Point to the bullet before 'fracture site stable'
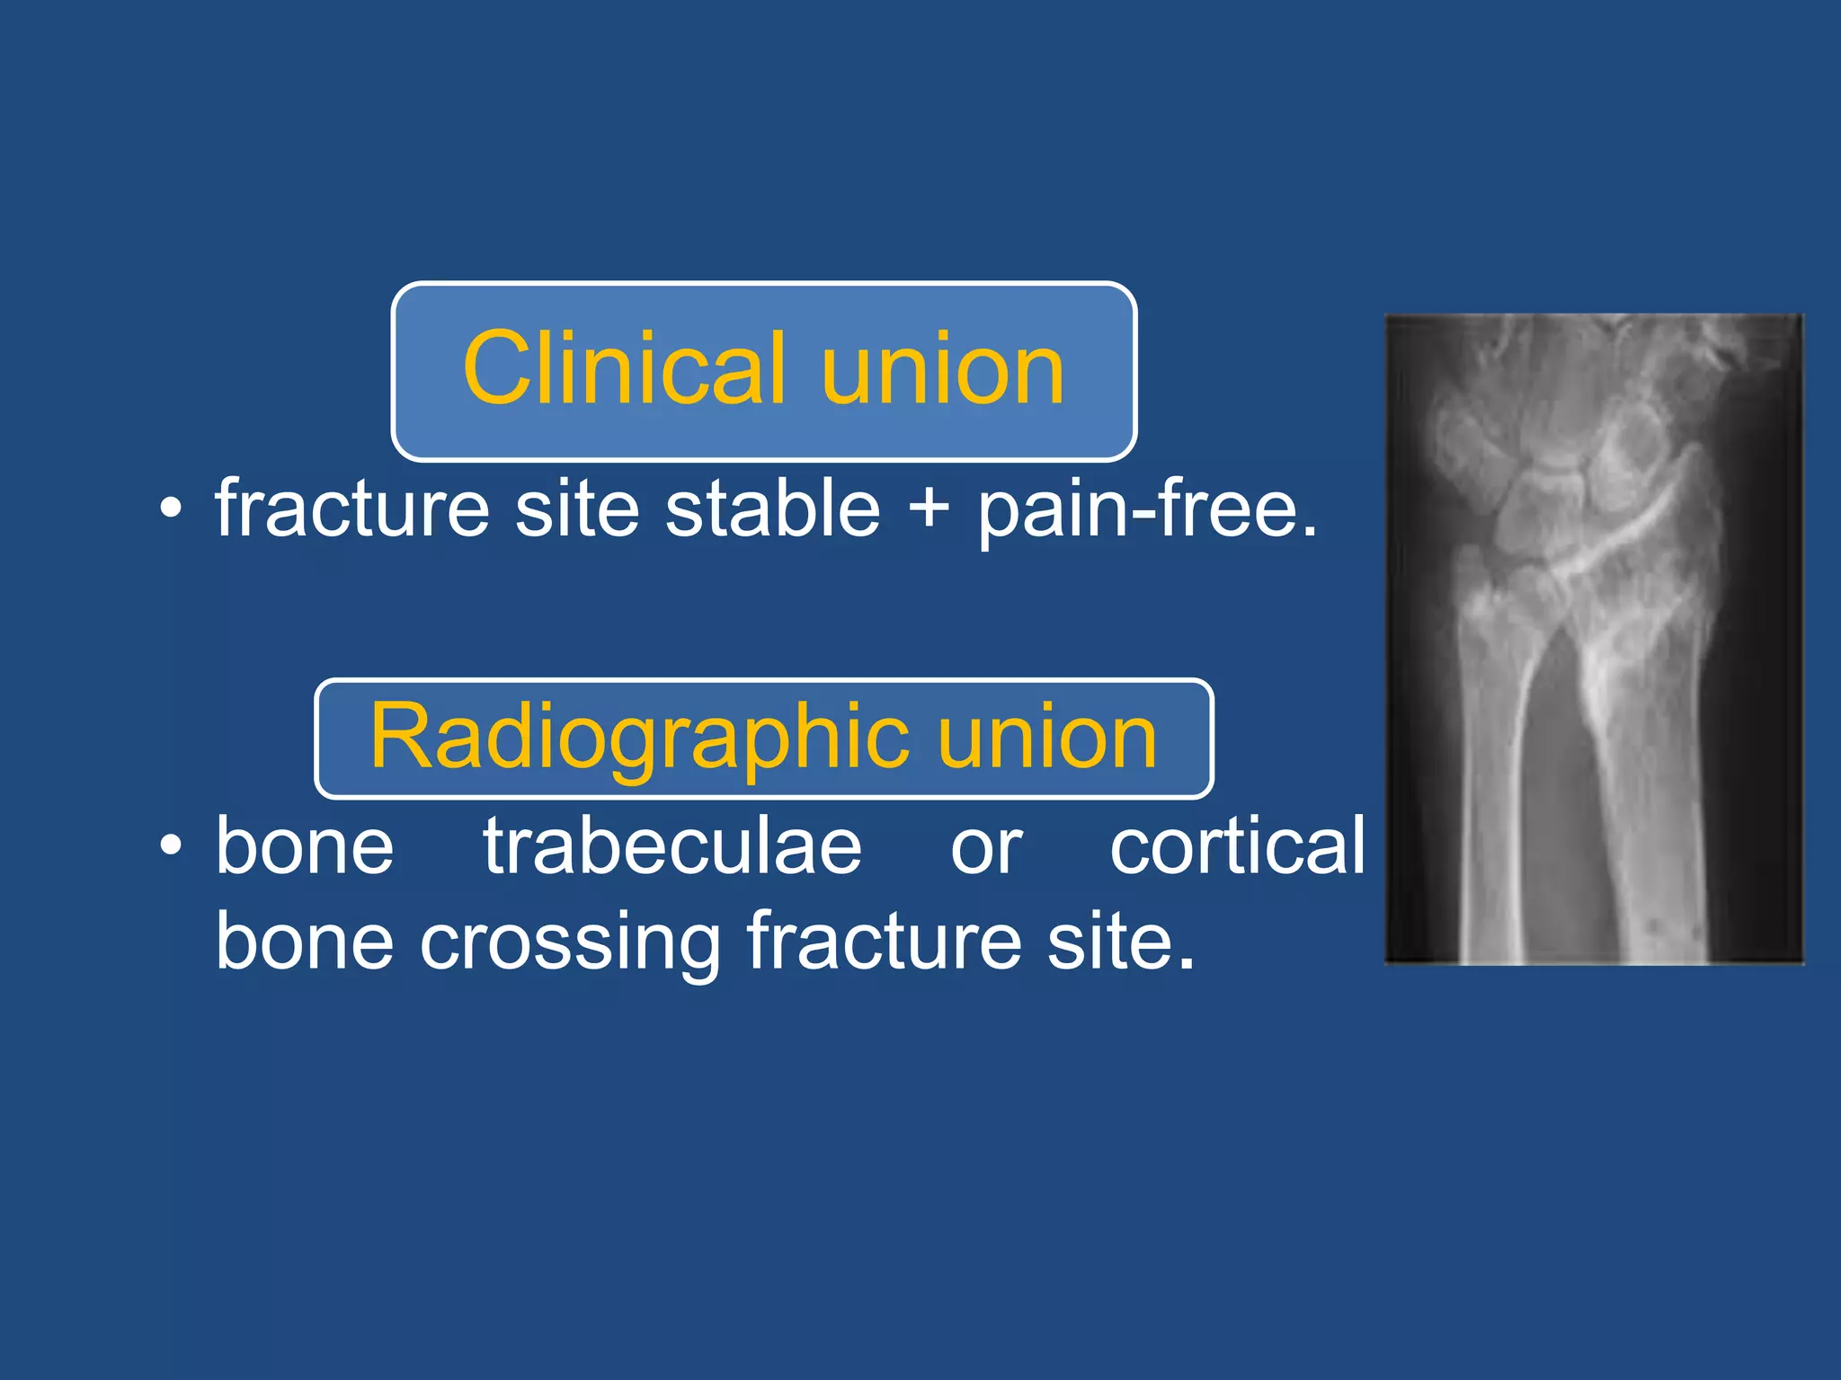point(171,510)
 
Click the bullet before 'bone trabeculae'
point(171,846)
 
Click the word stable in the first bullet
point(773,509)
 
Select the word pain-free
point(1147,510)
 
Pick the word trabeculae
point(672,846)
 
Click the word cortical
point(1238,846)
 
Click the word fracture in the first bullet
point(352,509)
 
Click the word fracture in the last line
point(885,942)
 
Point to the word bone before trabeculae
point(305,846)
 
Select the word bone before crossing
point(305,942)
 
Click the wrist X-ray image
point(1594,640)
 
